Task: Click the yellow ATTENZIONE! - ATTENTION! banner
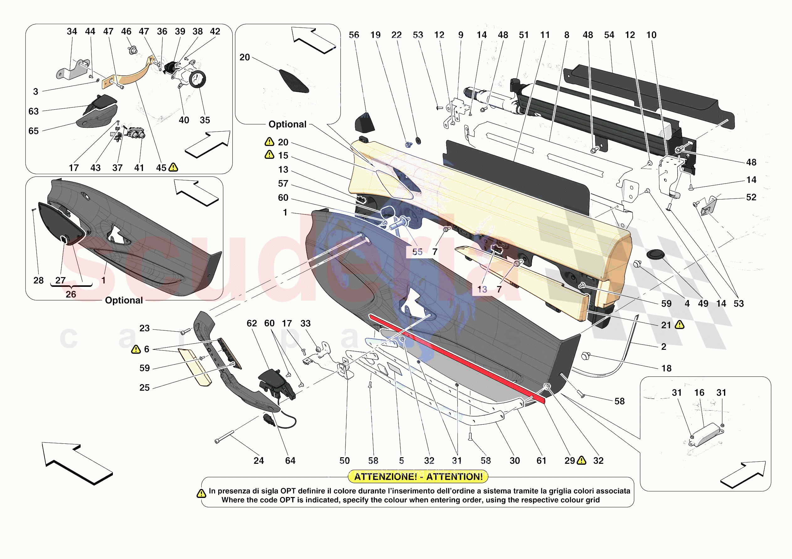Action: (x=418, y=477)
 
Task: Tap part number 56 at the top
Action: (x=354, y=35)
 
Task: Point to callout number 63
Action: (x=34, y=111)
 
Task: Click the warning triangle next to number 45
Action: (x=173, y=168)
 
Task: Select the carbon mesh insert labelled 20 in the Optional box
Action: (x=293, y=81)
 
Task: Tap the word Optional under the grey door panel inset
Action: (x=124, y=300)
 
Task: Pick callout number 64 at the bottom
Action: (x=290, y=461)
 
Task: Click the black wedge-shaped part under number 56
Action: (x=364, y=122)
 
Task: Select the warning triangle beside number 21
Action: (x=679, y=325)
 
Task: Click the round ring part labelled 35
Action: (x=198, y=79)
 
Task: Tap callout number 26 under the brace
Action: (x=71, y=294)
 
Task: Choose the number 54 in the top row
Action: (x=609, y=35)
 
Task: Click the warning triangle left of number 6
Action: (x=136, y=349)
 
